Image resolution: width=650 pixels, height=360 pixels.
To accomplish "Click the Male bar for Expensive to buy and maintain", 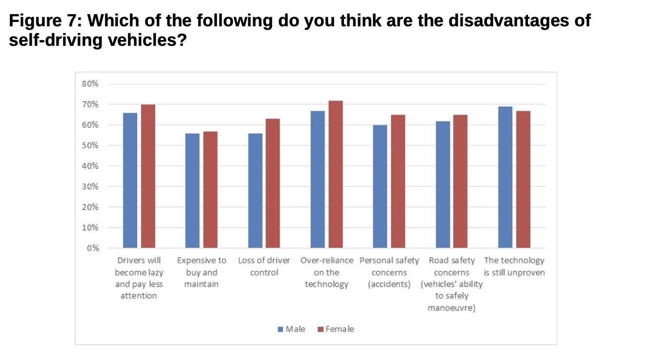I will (x=192, y=191).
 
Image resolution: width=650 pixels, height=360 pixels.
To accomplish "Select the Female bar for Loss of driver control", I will (x=273, y=183).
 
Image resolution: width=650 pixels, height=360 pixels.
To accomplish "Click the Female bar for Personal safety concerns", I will (x=398, y=181).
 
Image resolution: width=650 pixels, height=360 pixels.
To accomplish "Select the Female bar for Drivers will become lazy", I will (x=148, y=176).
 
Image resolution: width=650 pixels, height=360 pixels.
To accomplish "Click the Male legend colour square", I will (x=281, y=329).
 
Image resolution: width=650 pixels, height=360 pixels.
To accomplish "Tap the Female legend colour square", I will (x=321, y=329).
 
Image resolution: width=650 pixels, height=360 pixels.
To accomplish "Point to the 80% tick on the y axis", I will (x=91, y=84).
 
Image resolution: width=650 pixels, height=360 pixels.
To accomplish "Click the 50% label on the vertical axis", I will (x=91, y=145).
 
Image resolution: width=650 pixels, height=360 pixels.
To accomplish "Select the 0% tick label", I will (x=93, y=248).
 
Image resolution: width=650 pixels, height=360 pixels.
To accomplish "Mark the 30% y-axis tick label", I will (x=91, y=186).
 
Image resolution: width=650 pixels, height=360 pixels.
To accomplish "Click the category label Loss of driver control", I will (x=264, y=266).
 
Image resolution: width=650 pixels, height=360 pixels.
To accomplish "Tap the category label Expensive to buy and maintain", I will (x=202, y=272).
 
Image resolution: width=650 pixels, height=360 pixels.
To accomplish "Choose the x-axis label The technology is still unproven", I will (x=514, y=266).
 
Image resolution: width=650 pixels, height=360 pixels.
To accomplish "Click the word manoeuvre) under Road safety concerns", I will (x=451, y=308).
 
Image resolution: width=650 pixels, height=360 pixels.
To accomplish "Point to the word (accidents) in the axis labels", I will (x=389, y=284).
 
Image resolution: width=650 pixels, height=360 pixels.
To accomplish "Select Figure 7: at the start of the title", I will (x=44, y=21).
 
